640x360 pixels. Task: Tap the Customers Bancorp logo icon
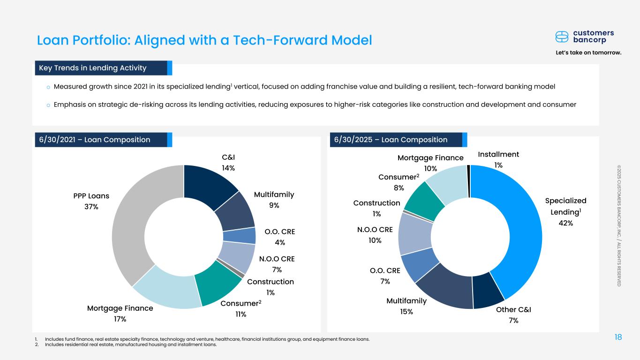tap(562, 37)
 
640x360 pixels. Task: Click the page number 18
tap(617, 337)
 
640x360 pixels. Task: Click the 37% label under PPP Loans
tap(91, 207)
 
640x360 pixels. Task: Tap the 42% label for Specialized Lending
tap(565, 223)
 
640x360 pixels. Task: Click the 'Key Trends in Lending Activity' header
tap(93, 68)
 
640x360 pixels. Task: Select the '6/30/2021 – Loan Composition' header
tap(95, 140)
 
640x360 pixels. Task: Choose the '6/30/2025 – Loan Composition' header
tap(391, 140)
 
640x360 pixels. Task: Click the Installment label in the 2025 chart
tap(498, 154)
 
